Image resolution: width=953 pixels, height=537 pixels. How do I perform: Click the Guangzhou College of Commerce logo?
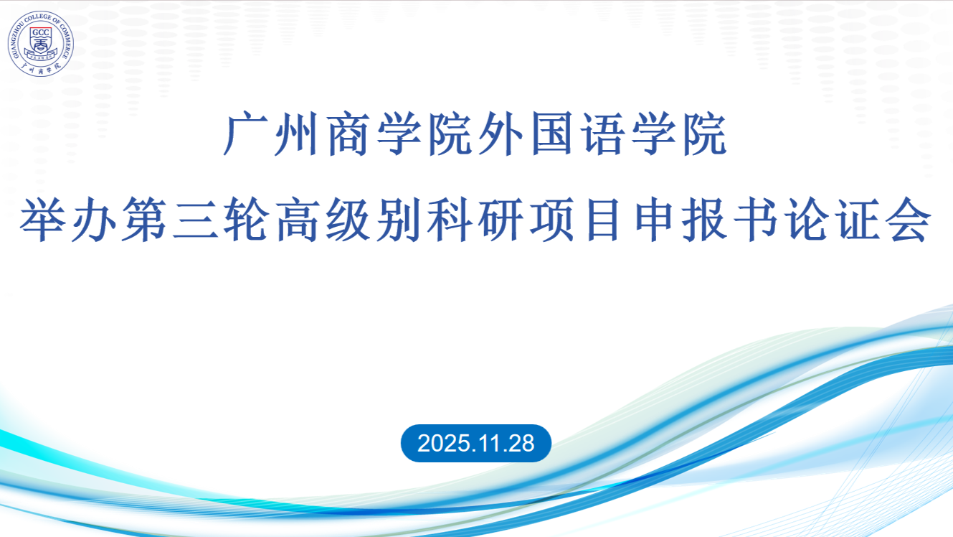pyautogui.click(x=40, y=44)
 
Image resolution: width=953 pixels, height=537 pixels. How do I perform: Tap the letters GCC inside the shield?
pyautogui.click(x=41, y=33)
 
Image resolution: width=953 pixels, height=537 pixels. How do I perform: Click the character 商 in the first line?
pyautogui.click(x=348, y=134)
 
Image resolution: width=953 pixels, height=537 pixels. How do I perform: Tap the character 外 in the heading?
pyautogui.click(x=501, y=134)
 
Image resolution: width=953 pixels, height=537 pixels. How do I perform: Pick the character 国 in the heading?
pyautogui.click(x=552, y=134)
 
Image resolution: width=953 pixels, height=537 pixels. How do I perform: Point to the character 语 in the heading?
pyautogui.click(x=602, y=134)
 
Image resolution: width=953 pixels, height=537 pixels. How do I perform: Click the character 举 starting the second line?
pyautogui.click(x=42, y=219)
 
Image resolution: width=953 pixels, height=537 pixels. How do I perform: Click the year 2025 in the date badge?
pyautogui.click(x=444, y=444)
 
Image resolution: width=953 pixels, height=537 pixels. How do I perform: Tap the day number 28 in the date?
pyautogui.click(x=521, y=444)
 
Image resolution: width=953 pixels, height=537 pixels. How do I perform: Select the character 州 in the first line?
pyautogui.click(x=297, y=134)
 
